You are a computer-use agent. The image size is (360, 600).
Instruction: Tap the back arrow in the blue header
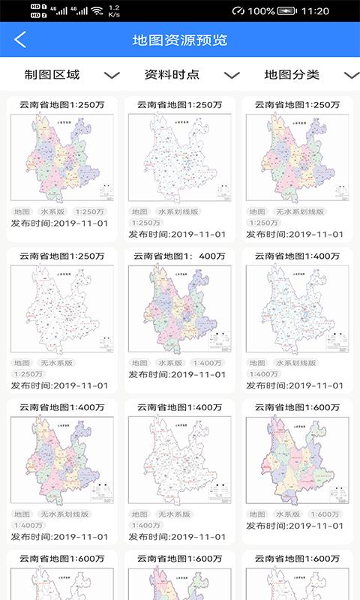pos(20,40)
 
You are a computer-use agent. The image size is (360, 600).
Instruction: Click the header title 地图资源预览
pos(180,40)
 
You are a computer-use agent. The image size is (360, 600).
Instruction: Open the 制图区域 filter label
pos(52,75)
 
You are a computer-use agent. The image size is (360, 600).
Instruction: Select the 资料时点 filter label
pos(172,75)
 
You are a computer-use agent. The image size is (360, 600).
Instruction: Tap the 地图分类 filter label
pos(292,75)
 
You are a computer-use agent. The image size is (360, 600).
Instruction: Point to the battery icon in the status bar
pos(286,11)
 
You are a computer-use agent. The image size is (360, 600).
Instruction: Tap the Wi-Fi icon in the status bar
pos(96,11)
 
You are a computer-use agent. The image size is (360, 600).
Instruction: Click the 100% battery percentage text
pos(260,11)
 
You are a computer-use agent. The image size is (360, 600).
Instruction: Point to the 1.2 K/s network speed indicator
pos(114,11)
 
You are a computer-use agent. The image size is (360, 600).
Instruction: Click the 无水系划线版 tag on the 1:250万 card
pos(299,212)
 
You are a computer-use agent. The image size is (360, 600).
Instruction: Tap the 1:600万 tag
pos(325,514)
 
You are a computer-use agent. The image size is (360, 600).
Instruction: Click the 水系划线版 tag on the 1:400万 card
pos(301,363)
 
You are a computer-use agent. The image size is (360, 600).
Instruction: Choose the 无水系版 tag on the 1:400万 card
pos(174,514)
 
